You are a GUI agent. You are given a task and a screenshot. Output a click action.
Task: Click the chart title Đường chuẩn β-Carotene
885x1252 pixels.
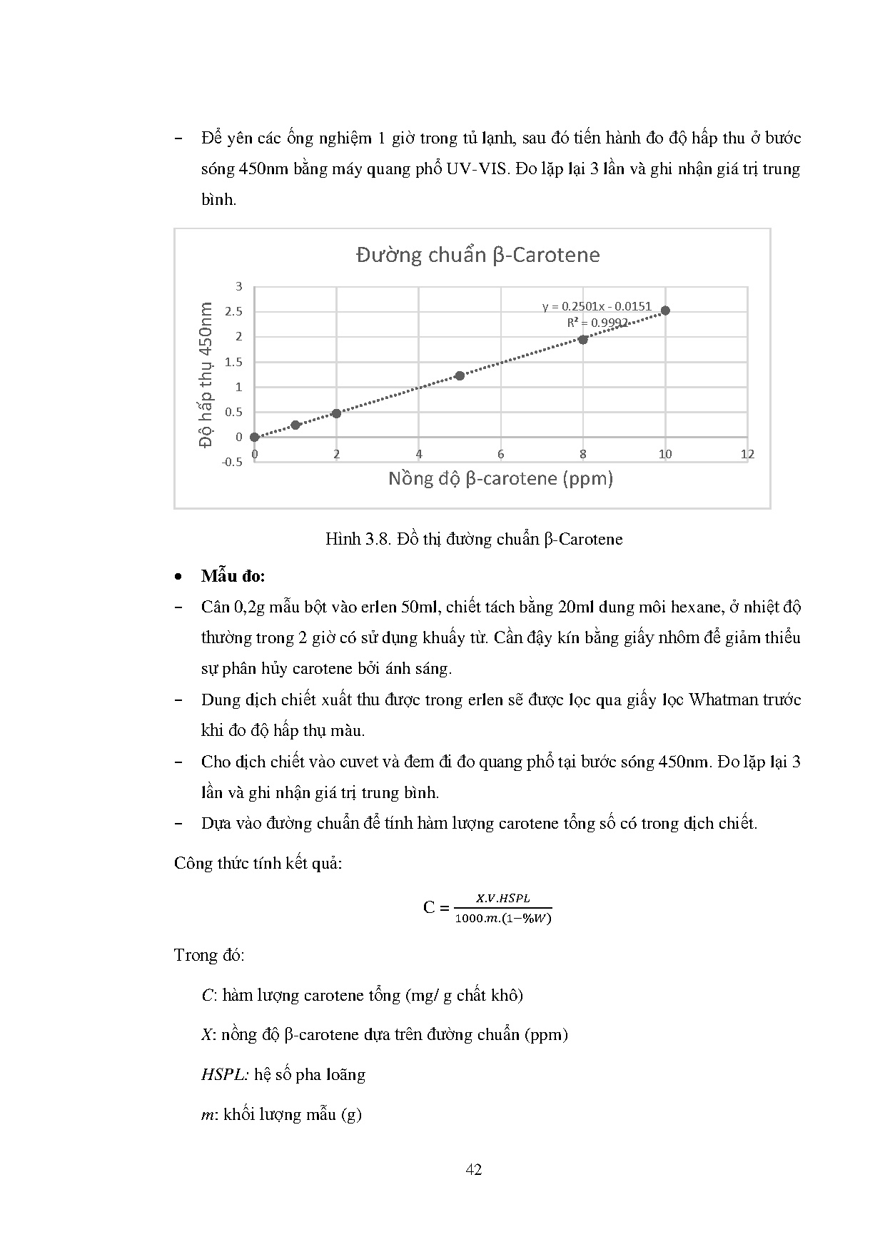coord(477,255)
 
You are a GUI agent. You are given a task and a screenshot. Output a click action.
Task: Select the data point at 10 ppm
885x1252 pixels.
coord(665,311)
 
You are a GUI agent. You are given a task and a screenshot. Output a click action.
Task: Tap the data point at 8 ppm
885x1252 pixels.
coord(583,340)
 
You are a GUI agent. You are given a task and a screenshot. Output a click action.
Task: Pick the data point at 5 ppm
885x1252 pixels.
coord(460,375)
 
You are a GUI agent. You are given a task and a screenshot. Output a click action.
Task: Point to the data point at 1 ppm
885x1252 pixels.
coord(295,425)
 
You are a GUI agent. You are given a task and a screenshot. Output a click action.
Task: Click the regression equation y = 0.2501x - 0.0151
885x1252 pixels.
coord(597,306)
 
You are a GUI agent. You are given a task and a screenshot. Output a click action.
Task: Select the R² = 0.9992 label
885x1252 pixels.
coord(597,323)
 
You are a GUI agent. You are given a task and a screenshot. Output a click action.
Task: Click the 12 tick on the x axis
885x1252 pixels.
coord(747,454)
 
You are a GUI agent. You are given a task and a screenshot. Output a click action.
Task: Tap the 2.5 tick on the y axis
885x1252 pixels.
coord(233,312)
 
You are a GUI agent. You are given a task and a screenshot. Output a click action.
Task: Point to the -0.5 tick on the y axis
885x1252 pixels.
coord(232,462)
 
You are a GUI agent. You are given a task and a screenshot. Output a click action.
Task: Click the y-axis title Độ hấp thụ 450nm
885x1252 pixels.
coord(206,373)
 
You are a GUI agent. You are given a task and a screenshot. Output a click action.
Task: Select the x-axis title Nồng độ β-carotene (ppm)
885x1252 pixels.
coord(500,478)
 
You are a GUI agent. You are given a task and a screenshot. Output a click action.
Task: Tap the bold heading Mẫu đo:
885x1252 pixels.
coord(233,576)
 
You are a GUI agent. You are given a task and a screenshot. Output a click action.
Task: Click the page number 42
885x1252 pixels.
coord(473,1169)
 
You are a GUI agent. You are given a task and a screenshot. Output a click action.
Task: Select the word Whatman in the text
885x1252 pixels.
coord(717,700)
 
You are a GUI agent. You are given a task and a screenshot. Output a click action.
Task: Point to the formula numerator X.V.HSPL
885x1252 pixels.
coord(503,898)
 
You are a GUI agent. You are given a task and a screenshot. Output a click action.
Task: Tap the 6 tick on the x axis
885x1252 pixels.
coord(501,454)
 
